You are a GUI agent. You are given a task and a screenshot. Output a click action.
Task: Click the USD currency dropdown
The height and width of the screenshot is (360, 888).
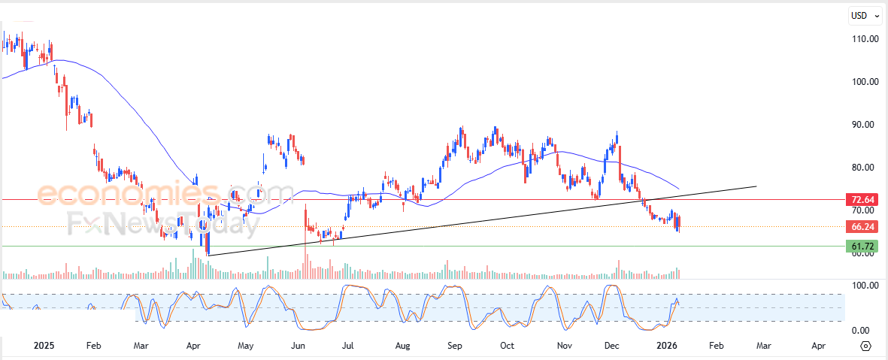862,15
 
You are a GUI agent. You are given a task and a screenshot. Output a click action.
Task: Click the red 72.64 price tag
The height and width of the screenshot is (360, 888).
862,200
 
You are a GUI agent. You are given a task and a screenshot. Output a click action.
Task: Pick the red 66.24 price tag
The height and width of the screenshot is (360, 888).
862,226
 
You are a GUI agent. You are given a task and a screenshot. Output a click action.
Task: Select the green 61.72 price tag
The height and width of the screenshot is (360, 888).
862,247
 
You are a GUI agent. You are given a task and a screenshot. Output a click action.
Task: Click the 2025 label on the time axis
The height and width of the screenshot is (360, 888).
44,346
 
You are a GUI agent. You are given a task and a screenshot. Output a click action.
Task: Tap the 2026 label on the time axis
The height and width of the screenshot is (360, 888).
667,346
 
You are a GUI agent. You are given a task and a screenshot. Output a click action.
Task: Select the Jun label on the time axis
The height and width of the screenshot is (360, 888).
298,346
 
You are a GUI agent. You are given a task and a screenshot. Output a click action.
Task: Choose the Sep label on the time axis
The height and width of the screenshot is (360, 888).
454,346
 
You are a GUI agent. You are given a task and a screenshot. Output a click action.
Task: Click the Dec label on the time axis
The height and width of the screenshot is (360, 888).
611,346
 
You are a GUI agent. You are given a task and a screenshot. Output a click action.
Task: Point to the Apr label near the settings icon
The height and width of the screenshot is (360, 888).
819,346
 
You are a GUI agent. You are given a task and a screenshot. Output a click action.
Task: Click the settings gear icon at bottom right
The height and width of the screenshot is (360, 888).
866,346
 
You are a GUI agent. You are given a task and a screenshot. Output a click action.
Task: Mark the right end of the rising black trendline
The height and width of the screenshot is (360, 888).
756,186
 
